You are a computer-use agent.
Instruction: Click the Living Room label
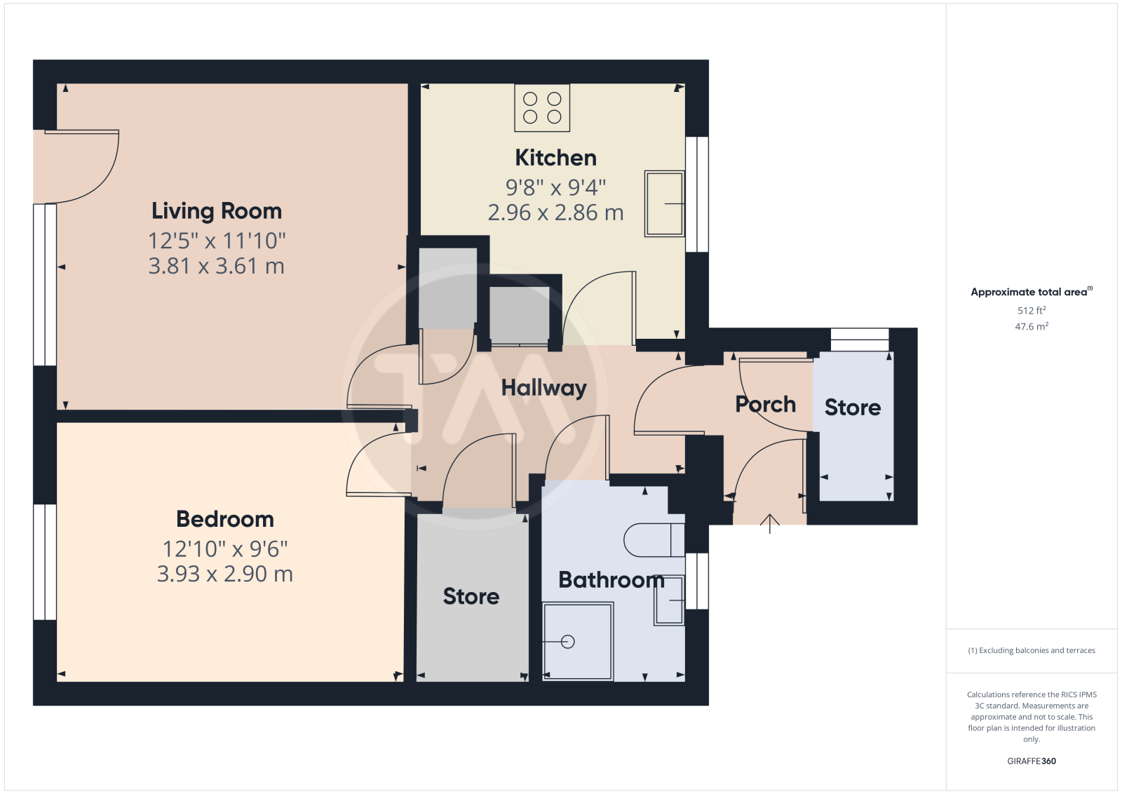pos(217,211)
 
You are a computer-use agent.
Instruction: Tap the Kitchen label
pos(556,158)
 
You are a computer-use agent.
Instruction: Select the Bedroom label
pos(225,519)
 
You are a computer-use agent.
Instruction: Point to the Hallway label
pos(544,389)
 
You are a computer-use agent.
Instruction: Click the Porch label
pos(765,404)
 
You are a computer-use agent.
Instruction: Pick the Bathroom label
pos(611,579)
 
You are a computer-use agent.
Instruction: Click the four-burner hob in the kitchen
pos(542,108)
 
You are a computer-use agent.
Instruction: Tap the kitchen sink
pos(665,203)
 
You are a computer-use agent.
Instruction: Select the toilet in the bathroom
pos(654,540)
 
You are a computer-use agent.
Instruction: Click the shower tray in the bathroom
pos(578,642)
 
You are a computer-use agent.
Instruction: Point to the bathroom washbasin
pos(669,600)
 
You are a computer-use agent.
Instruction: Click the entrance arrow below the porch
pos(770,523)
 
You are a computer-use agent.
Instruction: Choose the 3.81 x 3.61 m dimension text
pos(217,266)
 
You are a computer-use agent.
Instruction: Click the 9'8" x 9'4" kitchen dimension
pos(556,187)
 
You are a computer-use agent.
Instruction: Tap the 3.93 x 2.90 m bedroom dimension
pos(225,574)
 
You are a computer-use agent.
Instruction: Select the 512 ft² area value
pos(1032,310)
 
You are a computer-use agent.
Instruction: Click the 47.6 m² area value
pos(1032,326)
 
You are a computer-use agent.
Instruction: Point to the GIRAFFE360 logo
pos(1032,761)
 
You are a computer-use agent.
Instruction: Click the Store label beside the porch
pos(853,408)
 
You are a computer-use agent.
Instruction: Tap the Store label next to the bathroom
pos(471,596)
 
